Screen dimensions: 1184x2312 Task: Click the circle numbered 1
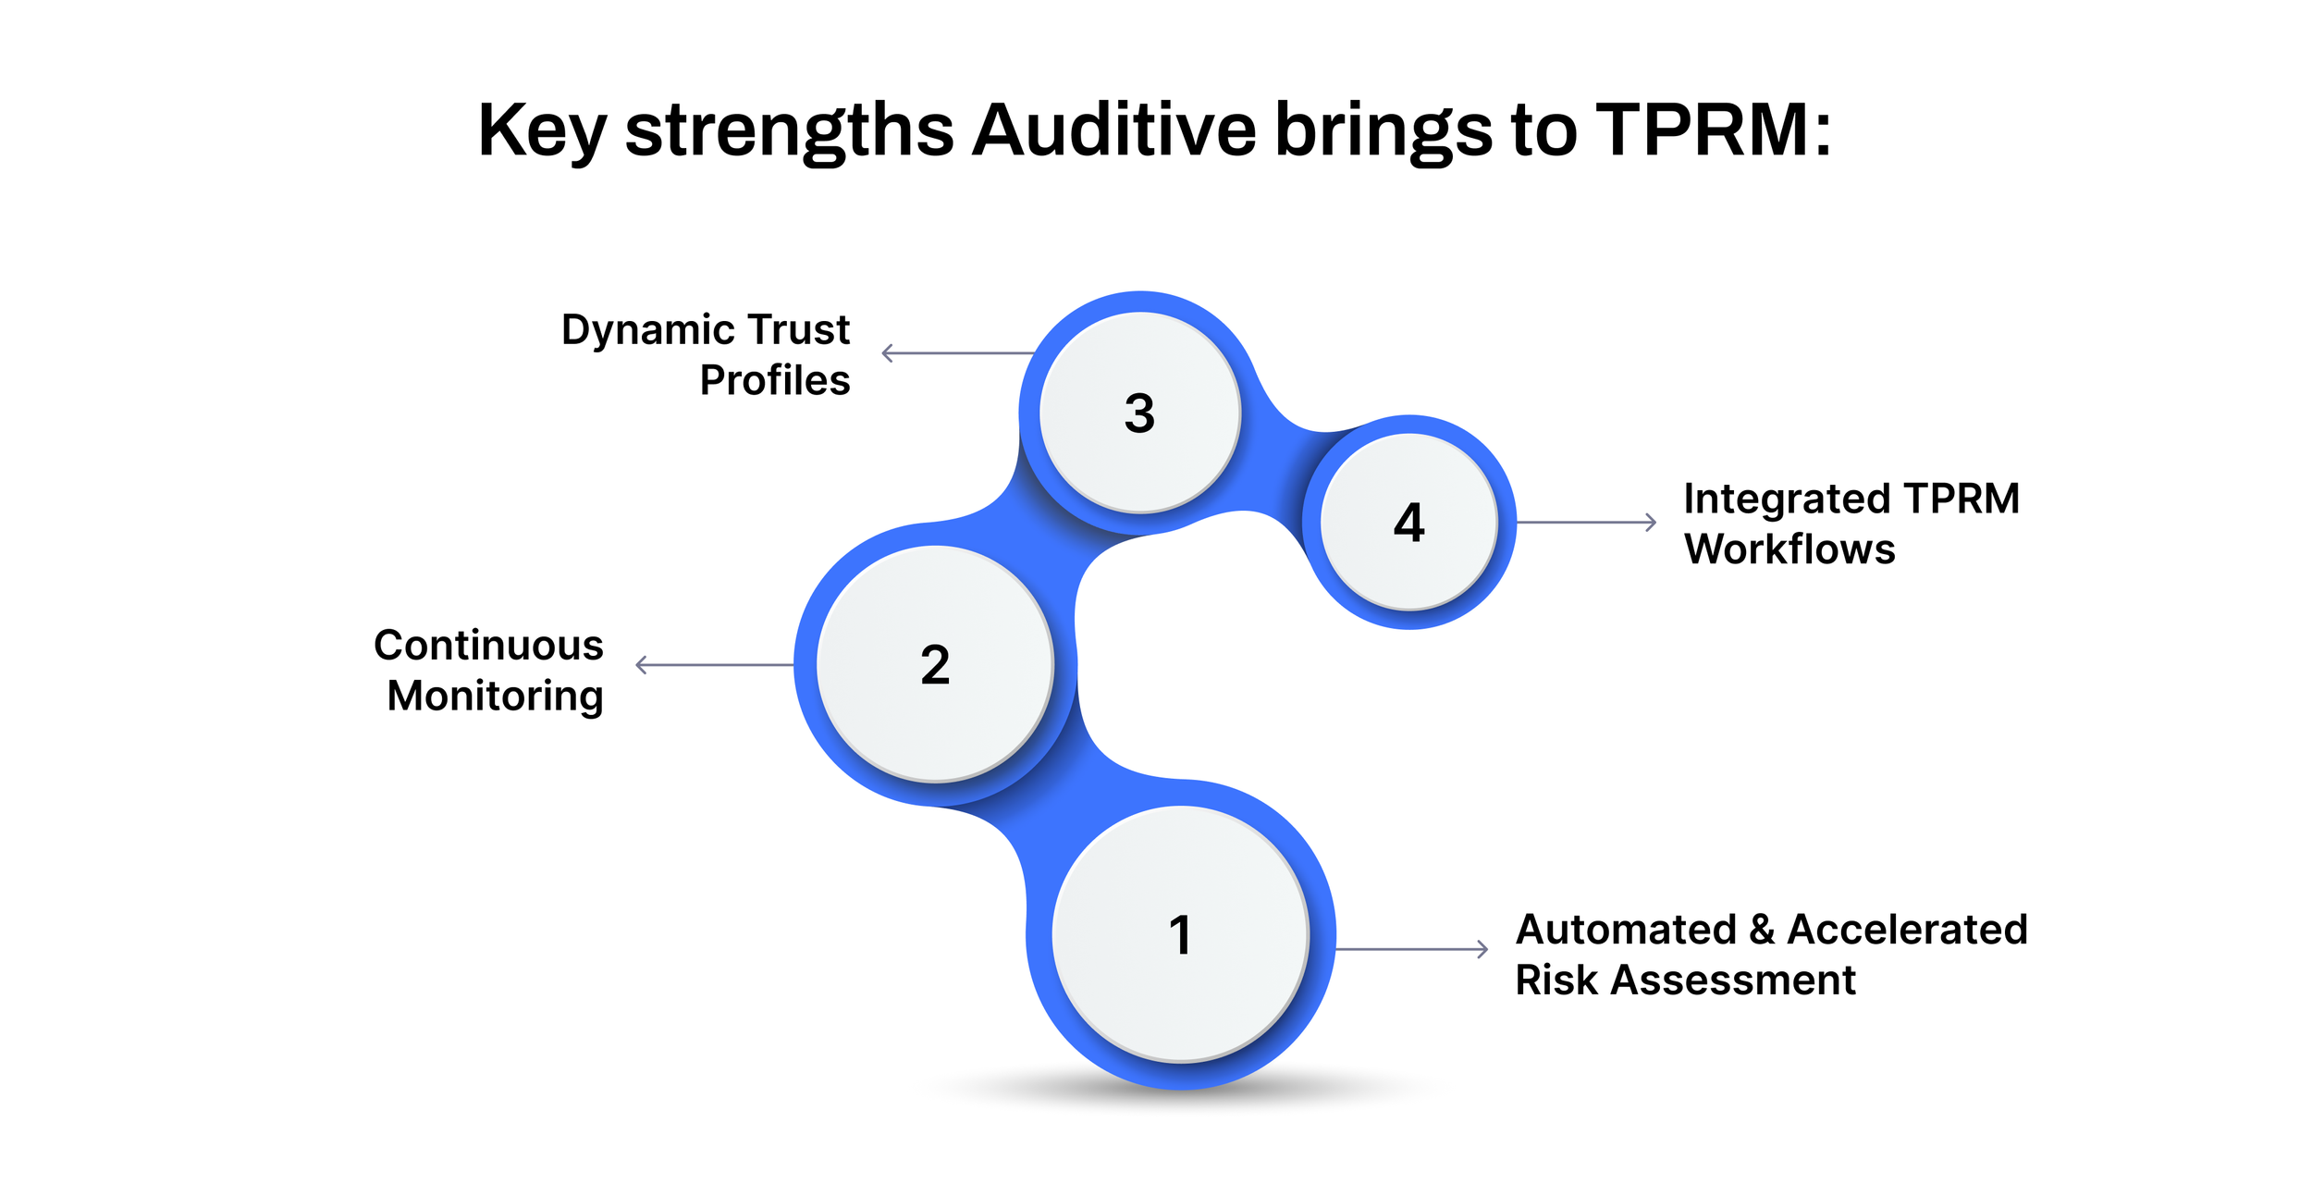1181,934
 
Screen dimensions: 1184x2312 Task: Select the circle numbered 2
935,664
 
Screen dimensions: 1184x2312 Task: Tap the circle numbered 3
1139,413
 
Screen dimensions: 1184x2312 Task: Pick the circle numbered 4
1408,522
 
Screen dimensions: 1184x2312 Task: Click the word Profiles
774,380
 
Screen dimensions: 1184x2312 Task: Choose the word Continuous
488,645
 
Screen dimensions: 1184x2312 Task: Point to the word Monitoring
495,696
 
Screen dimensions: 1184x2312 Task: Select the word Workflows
1789,549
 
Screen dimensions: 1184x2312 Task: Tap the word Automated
1627,930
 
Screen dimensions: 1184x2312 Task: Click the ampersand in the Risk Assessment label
1762,930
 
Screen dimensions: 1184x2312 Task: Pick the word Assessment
1733,980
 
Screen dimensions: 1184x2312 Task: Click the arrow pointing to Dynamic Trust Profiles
957,353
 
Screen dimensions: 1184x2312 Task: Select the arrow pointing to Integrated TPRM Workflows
1586,523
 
